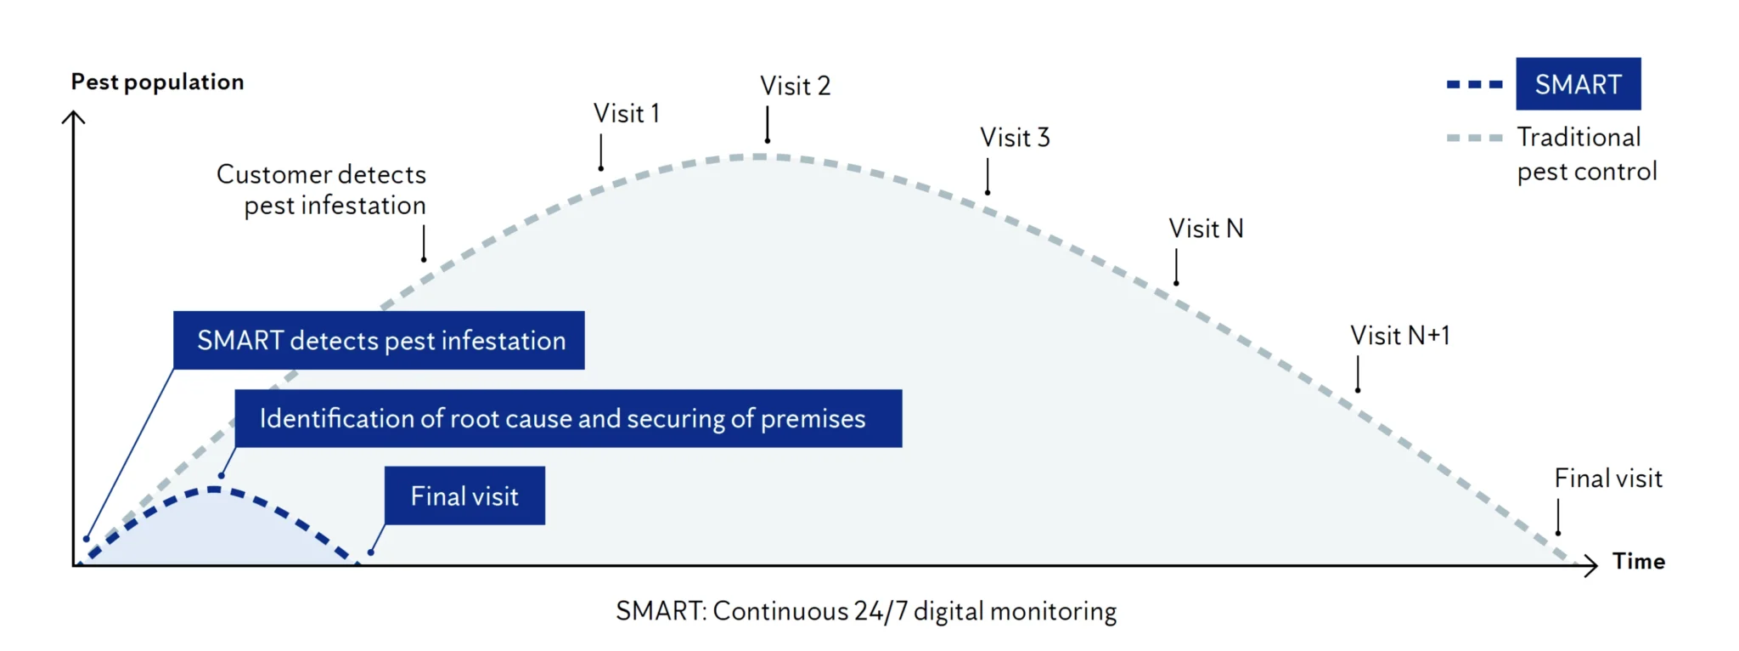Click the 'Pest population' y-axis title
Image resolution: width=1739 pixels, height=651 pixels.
tap(157, 82)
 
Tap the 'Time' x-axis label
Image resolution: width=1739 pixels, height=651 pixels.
tap(1638, 561)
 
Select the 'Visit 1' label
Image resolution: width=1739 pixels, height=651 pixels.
tap(626, 113)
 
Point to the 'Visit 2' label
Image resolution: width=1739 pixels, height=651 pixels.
tap(795, 86)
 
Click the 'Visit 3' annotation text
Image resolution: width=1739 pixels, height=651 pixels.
tap(1015, 137)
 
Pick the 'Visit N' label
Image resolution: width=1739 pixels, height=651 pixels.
tap(1205, 228)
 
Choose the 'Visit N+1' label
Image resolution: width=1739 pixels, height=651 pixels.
tap(1399, 335)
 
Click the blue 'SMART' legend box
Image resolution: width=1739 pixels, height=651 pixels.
tap(1578, 84)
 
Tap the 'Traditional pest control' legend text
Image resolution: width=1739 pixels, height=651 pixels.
tap(1586, 154)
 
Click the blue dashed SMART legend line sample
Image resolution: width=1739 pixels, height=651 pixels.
tap(1474, 84)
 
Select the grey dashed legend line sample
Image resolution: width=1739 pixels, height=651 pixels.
tap(1474, 138)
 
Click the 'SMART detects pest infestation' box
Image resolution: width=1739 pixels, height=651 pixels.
tap(379, 340)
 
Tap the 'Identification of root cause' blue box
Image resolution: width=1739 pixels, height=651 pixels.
tap(568, 418)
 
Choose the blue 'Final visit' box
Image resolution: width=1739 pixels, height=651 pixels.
tap(464, 495)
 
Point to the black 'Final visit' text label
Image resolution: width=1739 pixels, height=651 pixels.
tap(1607, 478)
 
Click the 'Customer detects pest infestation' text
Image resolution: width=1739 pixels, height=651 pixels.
tap(322, 190)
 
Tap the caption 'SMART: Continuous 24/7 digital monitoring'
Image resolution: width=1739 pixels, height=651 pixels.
tap(866, 611)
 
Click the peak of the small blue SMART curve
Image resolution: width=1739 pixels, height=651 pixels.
tap(213, 490)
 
